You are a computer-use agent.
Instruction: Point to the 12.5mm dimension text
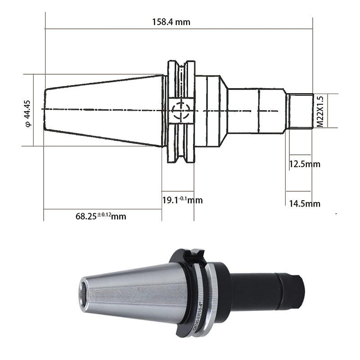click(304, 164)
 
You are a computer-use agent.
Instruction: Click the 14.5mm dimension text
click(304, 204)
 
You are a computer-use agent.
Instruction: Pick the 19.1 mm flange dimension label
click(182, 200)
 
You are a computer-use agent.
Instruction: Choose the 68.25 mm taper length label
click(101, 216)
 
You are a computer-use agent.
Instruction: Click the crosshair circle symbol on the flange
click(182, 109)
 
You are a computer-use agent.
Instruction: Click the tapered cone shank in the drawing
click(103, 110)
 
